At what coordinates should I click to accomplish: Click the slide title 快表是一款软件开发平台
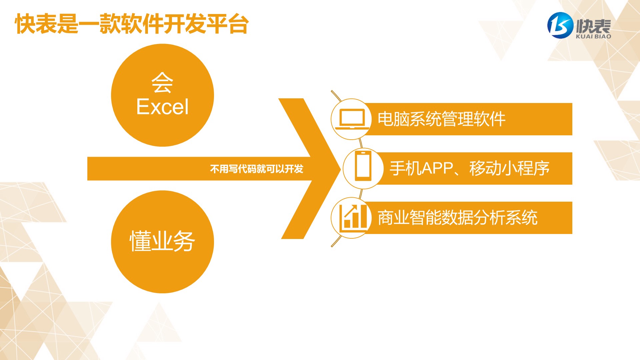pos(132,24)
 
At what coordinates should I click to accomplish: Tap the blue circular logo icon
pos(560,25)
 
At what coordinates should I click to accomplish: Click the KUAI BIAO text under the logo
pos(593,36)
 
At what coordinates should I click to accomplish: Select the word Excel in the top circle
pos(162,107)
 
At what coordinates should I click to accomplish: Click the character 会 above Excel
pos(162,82)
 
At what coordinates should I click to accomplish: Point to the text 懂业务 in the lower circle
pos(162,241)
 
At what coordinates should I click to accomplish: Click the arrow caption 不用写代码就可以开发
pos(257,169)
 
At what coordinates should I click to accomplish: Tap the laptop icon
pos(352,119)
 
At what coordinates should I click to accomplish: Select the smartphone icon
pos(363,166)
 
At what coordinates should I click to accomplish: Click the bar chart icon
pos(353,217)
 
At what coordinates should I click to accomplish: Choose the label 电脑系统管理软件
pos(442,119)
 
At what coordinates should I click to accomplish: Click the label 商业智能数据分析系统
pos(457,218)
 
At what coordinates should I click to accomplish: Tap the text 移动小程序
pos(509,168)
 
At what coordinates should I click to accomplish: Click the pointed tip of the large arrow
pos(340,169)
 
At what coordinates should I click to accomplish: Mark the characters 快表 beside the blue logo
pos(594,26)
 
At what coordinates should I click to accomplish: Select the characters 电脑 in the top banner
pos(393,119)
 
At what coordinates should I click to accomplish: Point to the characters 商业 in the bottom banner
pos(393,218)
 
